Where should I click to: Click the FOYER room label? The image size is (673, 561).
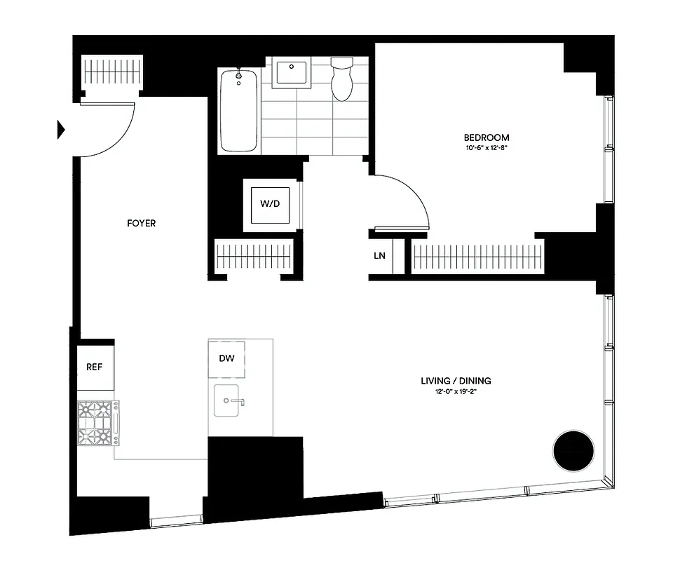[141, 224]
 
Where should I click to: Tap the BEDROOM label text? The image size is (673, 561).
[487, 137]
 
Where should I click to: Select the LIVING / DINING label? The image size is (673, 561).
[456, 381]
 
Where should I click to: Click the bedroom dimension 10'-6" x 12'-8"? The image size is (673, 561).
[487, 148]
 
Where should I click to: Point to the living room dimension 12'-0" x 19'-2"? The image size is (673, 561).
[456, 392]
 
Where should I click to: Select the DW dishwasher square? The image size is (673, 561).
[226, 358]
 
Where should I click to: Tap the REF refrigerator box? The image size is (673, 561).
[95, 367]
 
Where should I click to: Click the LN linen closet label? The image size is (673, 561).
[379, 256]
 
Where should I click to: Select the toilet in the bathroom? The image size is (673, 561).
[342, 79]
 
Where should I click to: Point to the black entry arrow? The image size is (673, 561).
[61, 129]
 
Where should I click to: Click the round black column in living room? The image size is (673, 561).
[573, 452]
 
